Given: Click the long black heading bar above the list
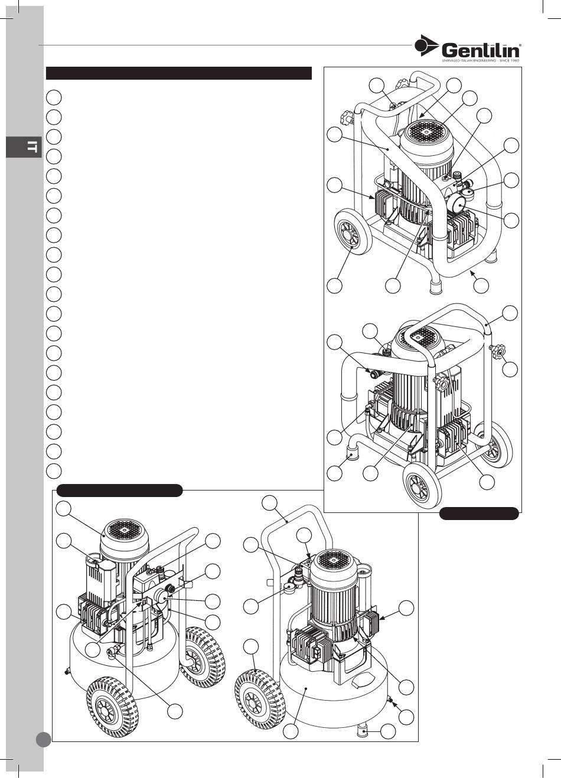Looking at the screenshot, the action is (178, 73).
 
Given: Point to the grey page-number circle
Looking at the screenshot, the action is (43, 739).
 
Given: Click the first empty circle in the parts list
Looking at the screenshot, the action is (54, 97).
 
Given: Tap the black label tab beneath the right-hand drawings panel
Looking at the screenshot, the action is (479, 513).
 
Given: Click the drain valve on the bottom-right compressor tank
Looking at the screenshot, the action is (390, 699).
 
